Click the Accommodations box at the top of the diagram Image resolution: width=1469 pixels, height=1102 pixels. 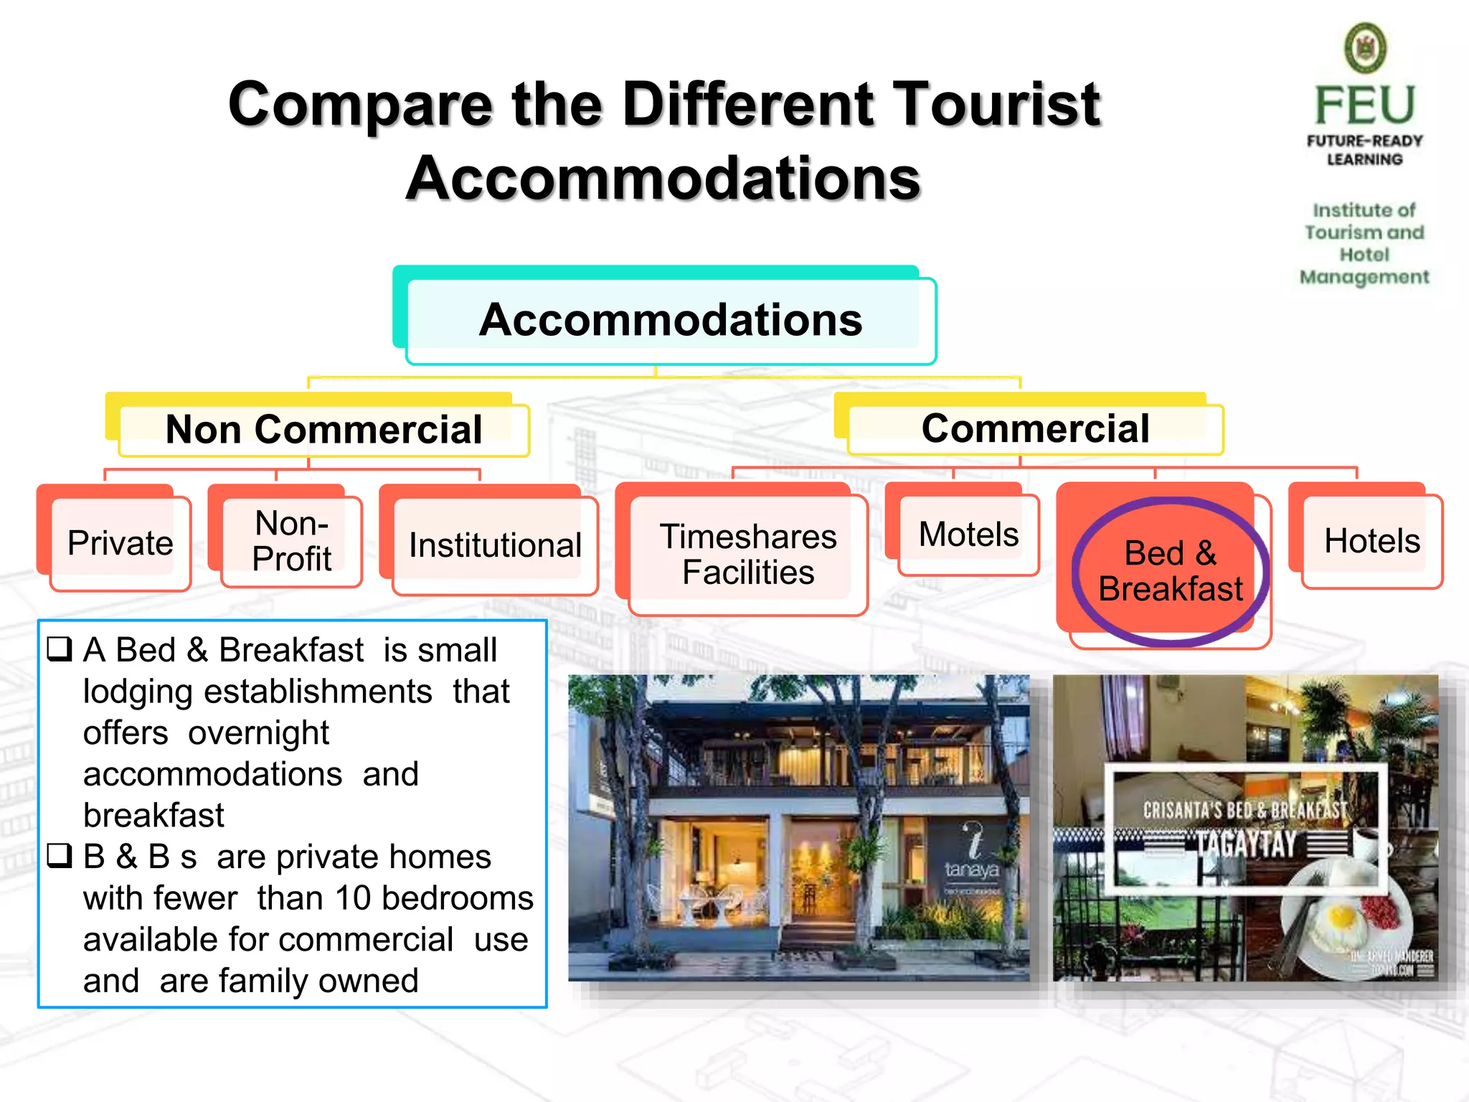pos(671,319)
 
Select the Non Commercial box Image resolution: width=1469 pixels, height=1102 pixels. pos(323,430)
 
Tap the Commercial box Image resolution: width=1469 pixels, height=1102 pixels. pos(1035,428)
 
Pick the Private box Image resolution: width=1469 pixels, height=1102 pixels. pos(120,543)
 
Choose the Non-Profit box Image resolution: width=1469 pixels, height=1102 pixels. pos(292,541)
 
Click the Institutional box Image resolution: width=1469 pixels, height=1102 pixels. pos(495,545)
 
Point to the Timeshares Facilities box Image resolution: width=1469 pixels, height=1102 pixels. pos(748,554)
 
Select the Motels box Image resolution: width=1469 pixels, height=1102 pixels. pos(968,534)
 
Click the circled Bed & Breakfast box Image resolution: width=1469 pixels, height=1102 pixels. pos(1171,571)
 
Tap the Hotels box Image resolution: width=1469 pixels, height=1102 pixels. pos(1371,541)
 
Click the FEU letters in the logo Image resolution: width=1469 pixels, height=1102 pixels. pos(1365,105)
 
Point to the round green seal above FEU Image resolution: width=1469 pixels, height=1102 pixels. pos(1365,48)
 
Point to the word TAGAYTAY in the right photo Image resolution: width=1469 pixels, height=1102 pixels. pos(1245,844)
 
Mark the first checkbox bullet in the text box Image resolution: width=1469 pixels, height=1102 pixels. pos(60,649)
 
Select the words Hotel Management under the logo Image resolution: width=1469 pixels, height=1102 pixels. pos(1364,265)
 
